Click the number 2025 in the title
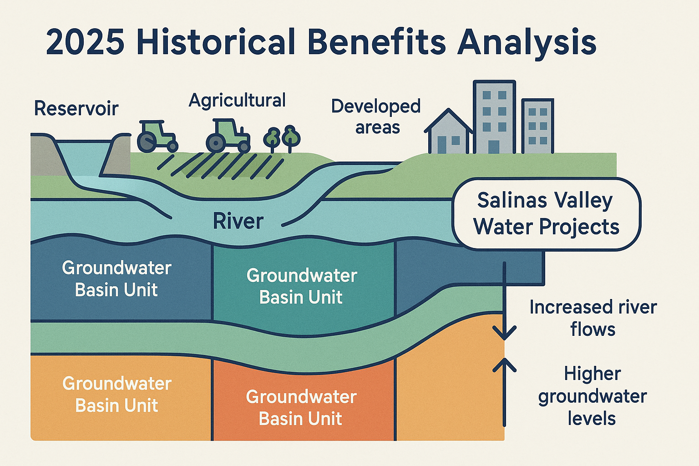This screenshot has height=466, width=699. (x=85, y=42)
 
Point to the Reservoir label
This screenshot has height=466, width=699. (x=76, y=109)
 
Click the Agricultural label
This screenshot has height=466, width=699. (x=237, y=101)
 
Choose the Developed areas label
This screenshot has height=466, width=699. (x=376, y=117)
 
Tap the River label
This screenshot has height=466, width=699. (x=238, y=222)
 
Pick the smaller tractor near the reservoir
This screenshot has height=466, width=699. (x=156, y=137)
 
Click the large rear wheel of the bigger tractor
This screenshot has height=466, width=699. (x=215, y=142)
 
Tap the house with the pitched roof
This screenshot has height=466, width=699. (x=448, y=132)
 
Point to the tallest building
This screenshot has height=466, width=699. (x=494, y=117)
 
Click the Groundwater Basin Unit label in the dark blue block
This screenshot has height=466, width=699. (x=116, y=279)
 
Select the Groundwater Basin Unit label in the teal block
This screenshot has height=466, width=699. (x=301, y=286)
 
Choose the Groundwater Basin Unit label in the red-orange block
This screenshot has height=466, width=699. (x=301, y=408)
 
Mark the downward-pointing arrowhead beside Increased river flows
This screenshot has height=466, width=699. (x=504, y=333)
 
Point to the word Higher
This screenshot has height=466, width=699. (x=592, y=374)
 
